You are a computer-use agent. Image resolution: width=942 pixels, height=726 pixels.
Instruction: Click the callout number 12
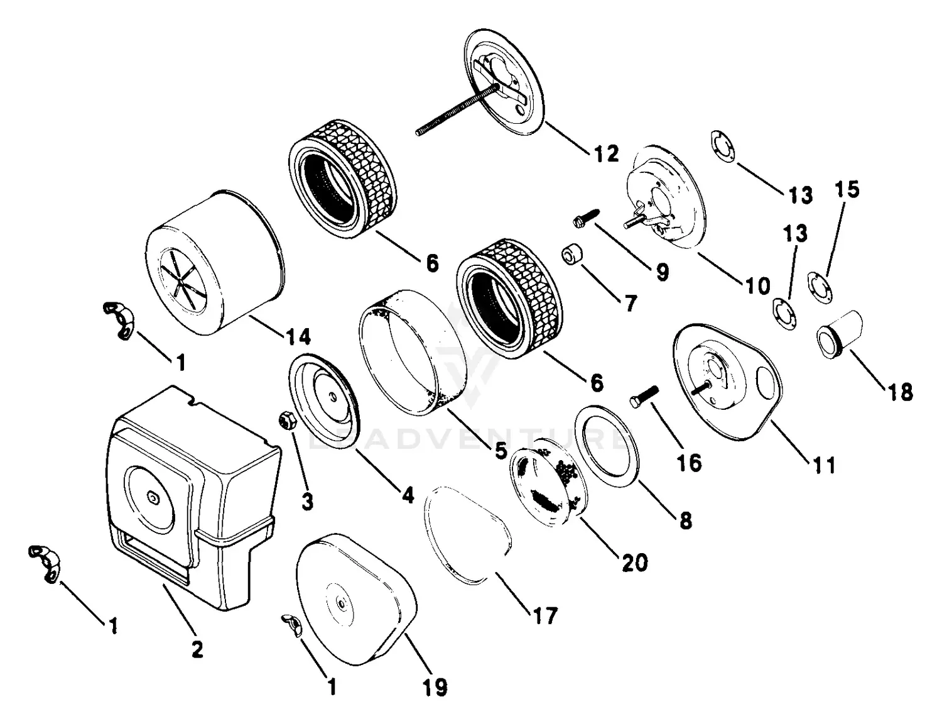(606, 153)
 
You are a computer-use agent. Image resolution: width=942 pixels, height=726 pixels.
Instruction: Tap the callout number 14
(298, 337)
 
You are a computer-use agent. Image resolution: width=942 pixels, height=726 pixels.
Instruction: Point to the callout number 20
(634, 562)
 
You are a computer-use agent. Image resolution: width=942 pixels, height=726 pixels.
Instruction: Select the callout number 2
(197, 649)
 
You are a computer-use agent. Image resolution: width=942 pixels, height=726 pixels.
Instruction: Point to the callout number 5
(501, 450)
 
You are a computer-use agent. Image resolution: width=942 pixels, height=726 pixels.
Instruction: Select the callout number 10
(757, 286)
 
